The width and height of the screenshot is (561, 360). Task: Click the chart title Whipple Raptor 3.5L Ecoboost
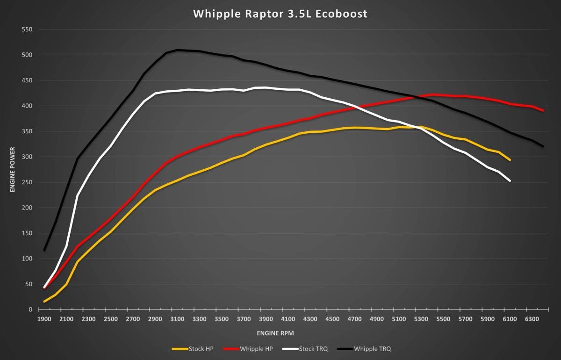click(280, 14)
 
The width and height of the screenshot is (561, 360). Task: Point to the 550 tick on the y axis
click(26, 29)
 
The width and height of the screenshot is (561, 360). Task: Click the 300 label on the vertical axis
click(26, 157)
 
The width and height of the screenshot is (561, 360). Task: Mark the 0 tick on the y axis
click(30, 310)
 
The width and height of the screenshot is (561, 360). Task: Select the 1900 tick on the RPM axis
click(44, 319)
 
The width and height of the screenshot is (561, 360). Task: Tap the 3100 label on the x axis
click(177, 319)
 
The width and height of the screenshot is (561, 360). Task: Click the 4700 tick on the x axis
click(355, 319)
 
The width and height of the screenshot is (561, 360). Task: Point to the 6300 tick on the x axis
click(532, 319)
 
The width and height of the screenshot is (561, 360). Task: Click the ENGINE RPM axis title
click(275, 333)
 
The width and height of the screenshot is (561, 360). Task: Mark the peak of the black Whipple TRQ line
click(178, 50)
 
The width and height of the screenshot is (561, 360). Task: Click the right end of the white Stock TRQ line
click(510, 181)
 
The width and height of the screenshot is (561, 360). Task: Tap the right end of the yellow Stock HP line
click(510, 160)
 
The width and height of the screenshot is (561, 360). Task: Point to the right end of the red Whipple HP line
click(543, 111)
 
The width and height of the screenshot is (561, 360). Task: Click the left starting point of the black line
click(44, 250)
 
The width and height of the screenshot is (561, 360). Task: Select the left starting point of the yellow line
click(44, 302)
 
